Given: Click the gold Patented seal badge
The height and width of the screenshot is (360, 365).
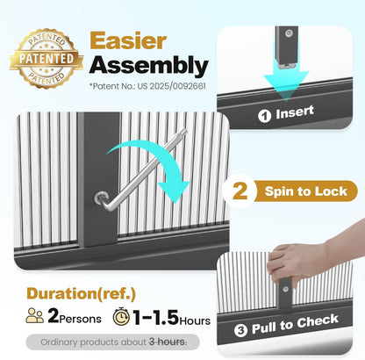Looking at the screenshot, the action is (47, 58).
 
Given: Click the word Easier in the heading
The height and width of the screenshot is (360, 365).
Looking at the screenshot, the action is (128, 40).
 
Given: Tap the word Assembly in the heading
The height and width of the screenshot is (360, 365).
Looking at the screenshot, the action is (148, 66).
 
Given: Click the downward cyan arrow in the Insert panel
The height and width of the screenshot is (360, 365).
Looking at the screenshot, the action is (286, 81).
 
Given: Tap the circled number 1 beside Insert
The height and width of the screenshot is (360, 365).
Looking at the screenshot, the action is (264, 116).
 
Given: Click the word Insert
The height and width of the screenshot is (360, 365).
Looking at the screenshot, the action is (295, 112).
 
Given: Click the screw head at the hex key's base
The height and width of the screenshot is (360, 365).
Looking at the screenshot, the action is (101, 198).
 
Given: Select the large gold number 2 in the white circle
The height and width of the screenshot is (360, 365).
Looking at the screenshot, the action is (240, 191).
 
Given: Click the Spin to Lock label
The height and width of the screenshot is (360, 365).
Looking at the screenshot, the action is (305, 191).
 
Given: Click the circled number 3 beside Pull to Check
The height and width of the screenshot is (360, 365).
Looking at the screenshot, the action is (240, 330).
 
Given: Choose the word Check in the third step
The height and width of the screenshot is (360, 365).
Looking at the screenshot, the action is (318, 321).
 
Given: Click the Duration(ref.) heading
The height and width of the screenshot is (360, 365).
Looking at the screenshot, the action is (81, 293).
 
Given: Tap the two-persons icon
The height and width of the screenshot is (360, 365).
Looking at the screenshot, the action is (35, 315).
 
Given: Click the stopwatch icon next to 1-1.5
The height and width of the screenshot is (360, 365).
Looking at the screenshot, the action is (121, 316).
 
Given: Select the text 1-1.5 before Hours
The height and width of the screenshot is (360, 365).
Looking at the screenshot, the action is (155, 317).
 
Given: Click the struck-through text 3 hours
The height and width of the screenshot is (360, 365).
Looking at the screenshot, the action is (167, 342).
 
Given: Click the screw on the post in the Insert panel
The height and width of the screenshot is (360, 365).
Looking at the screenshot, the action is (289, 33).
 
